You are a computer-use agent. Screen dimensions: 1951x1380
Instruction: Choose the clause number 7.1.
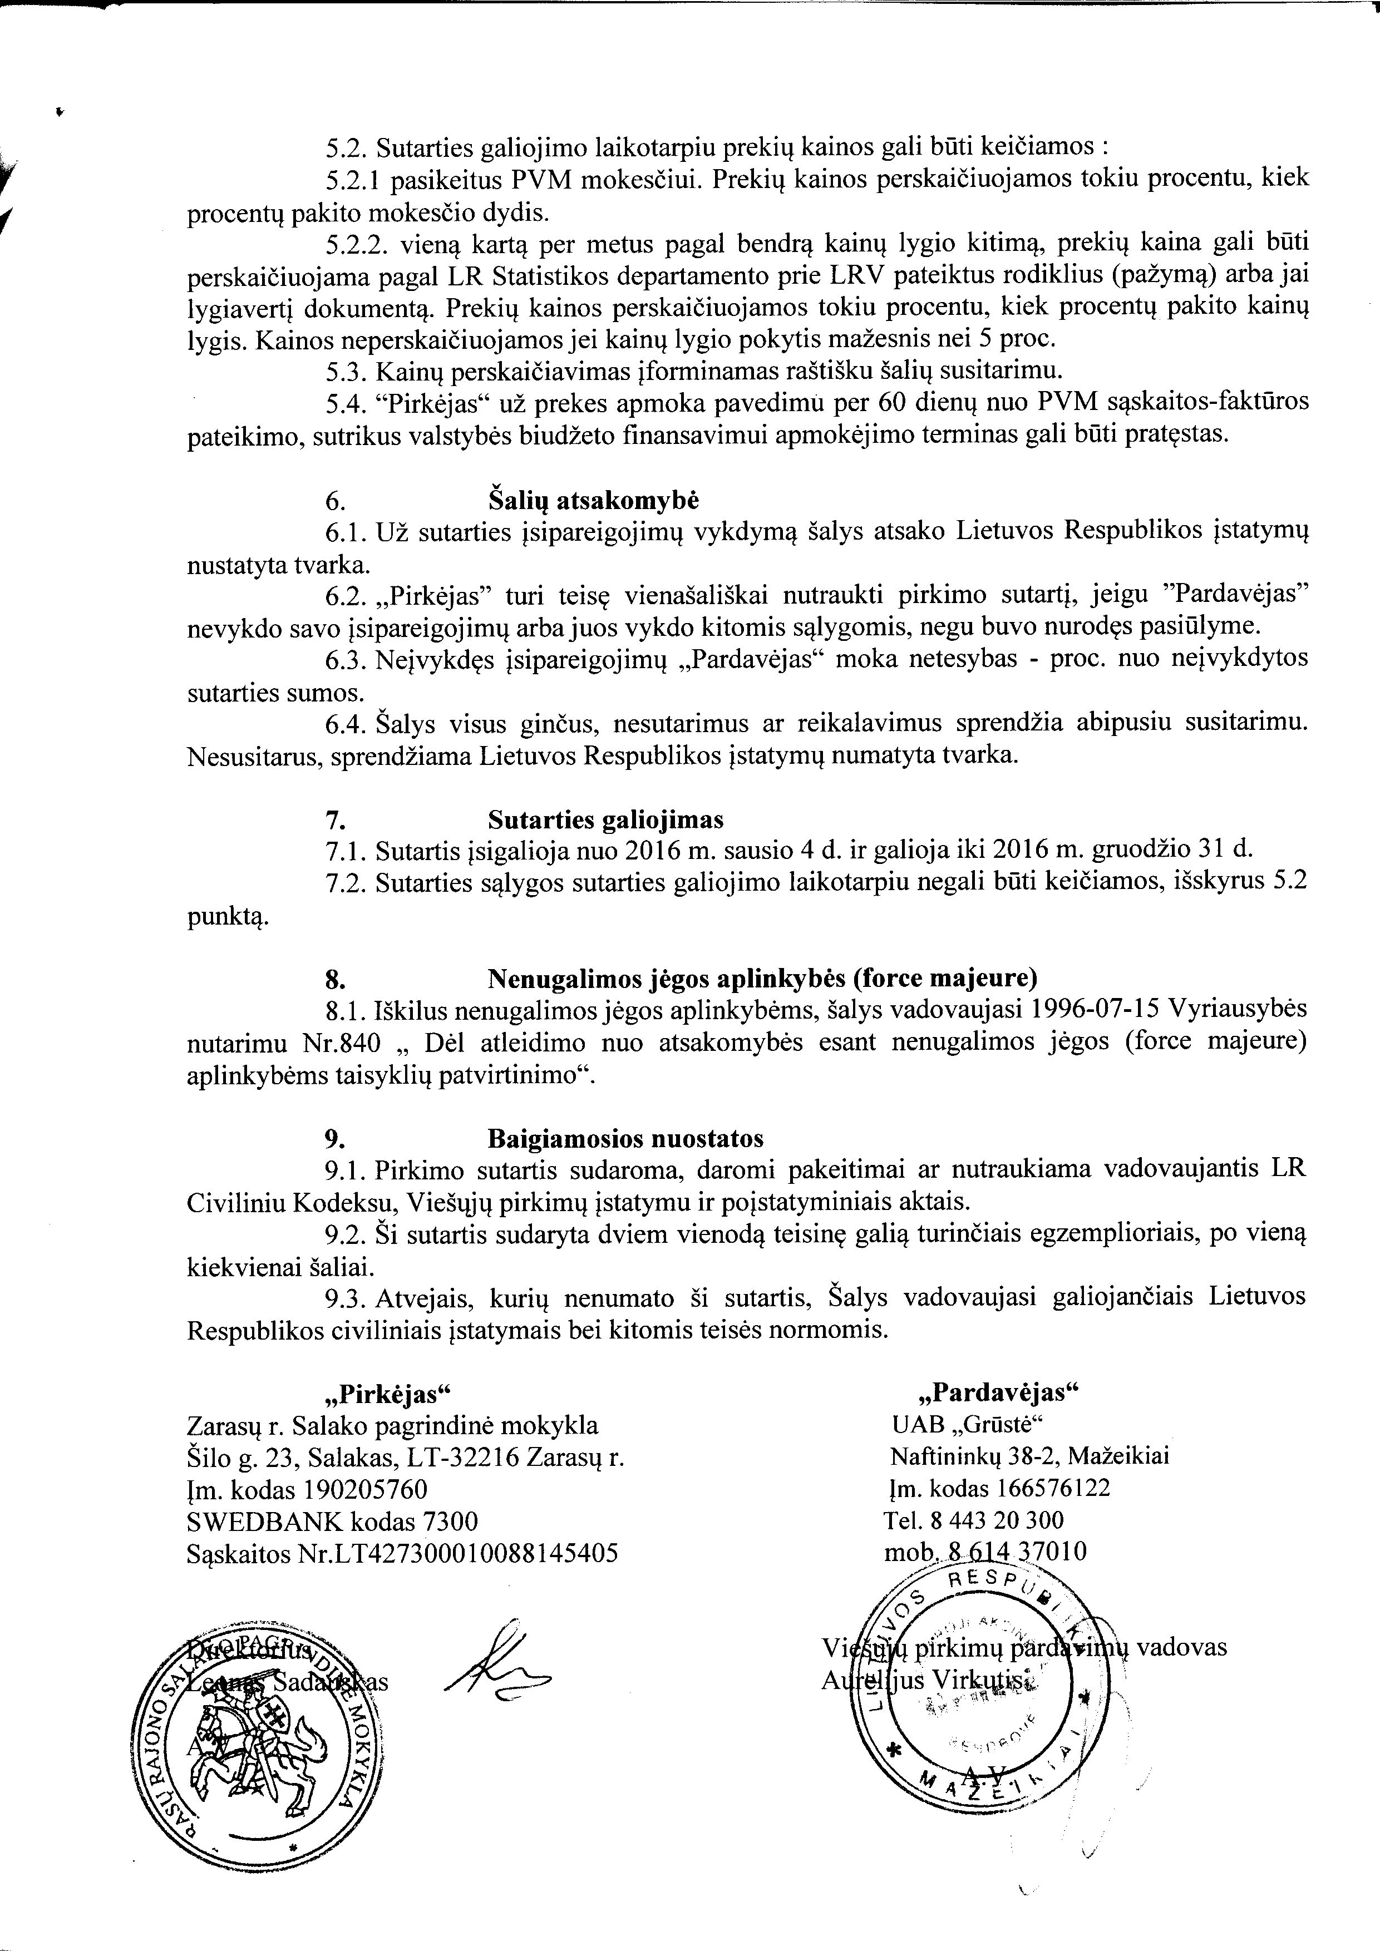(346, 849)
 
